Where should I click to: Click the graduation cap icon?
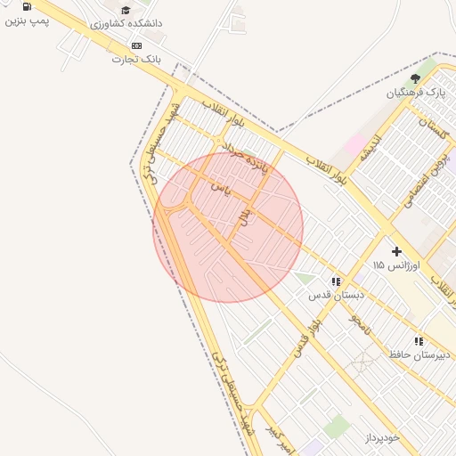[x=126, y=10]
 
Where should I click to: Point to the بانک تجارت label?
[x=136, y=59]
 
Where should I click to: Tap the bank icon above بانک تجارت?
[x=136, y=45]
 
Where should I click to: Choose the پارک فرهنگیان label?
[x=415, y=93]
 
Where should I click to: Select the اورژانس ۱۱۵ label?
[x=392, y=265]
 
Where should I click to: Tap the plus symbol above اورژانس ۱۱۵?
[x=396, y=251]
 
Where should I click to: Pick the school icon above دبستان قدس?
[x=335, y=281]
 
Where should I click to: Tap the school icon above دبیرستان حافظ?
[x=419, y=341]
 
